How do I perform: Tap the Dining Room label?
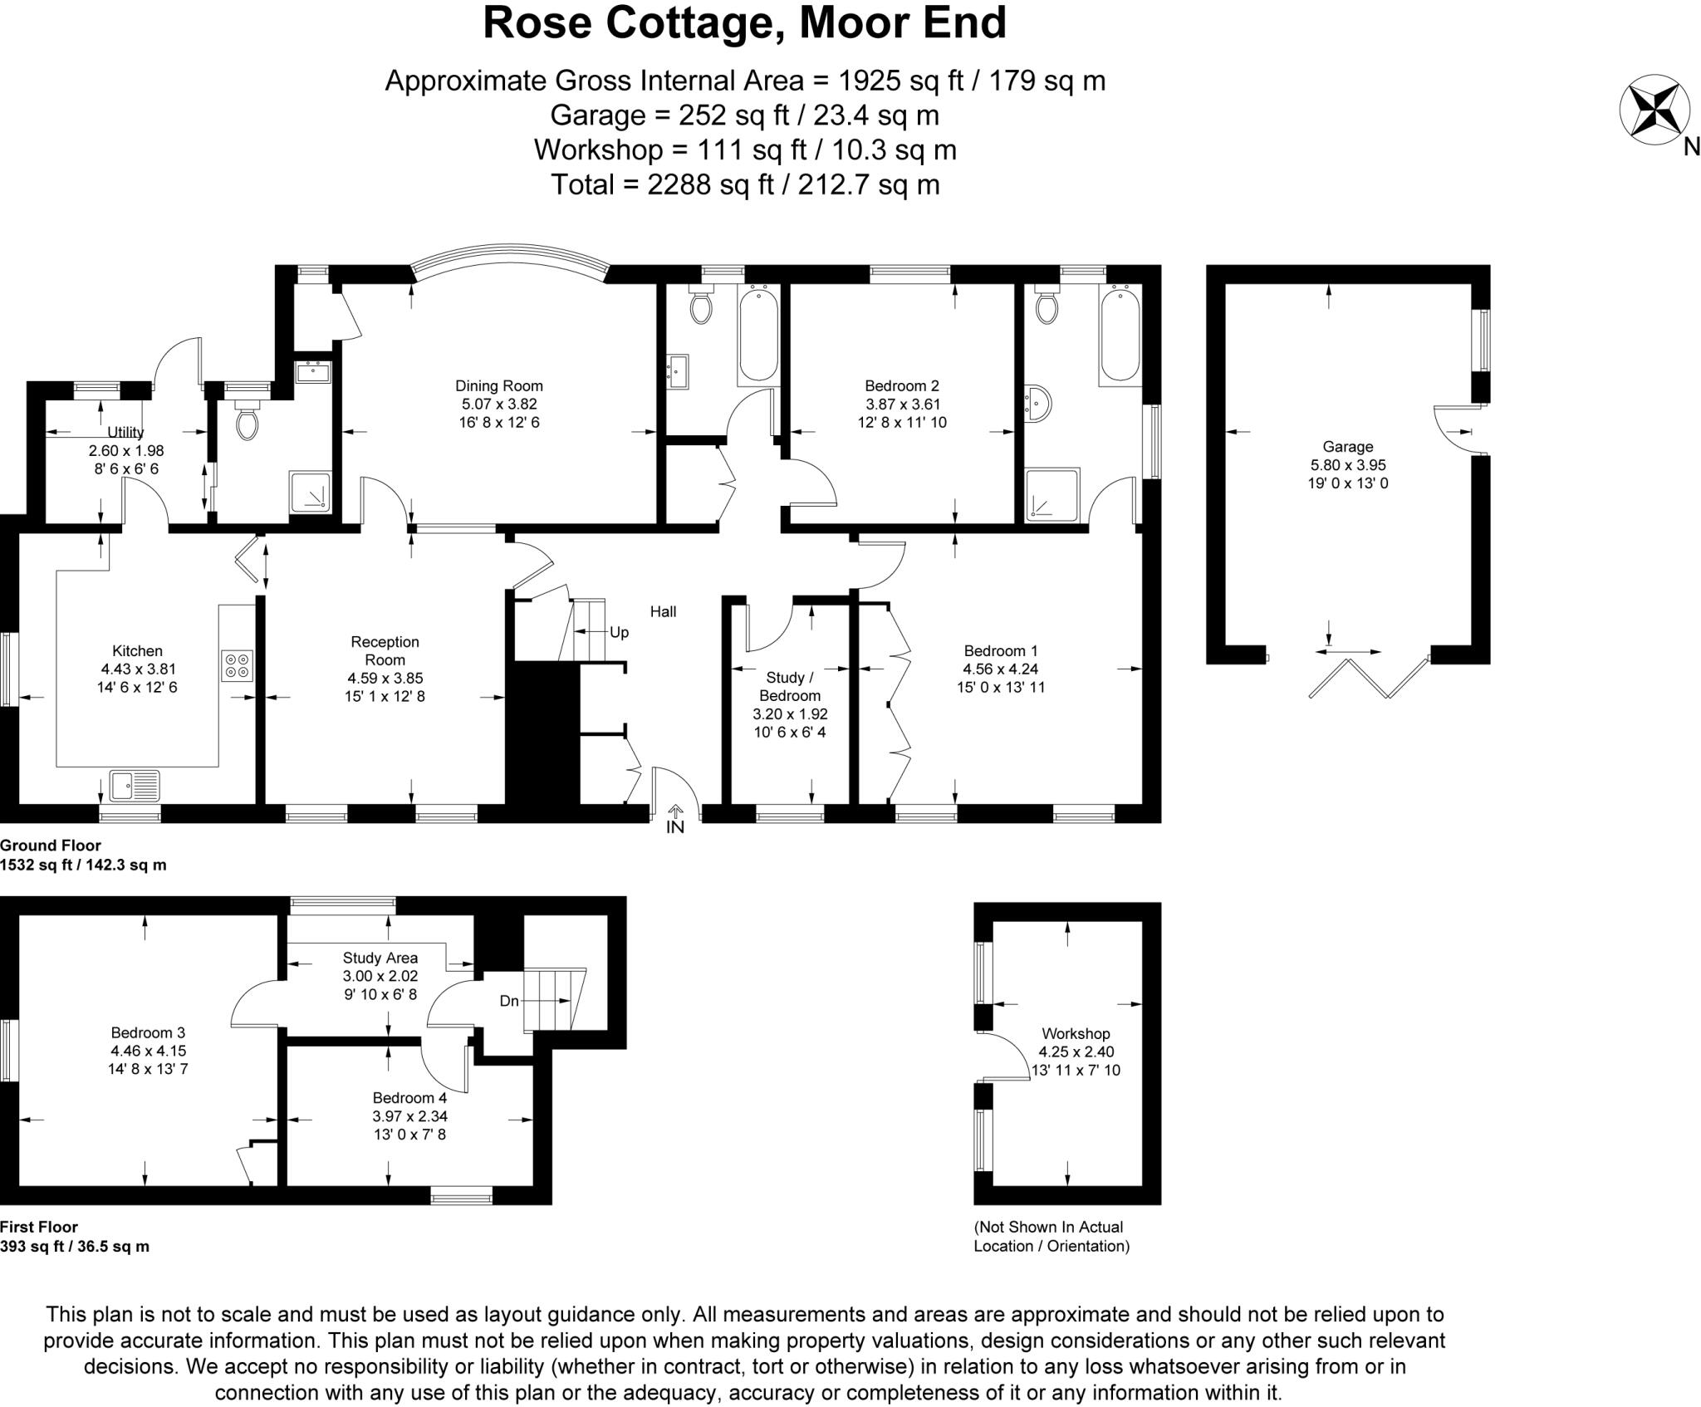pos(498,385)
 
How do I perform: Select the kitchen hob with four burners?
pos(237,666)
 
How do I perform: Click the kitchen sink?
pos(135,785)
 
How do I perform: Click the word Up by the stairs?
pos(619,632)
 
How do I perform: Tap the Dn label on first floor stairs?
pos(508,1001)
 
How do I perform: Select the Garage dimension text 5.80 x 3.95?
pos(1347,465)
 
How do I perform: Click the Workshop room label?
pos(1076,1033)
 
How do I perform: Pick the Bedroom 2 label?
pos(901,385)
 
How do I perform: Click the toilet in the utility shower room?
pos(247,422)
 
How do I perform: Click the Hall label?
pos(663,611)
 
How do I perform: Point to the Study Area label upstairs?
pos(380,958)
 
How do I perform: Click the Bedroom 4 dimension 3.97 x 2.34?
pos(409,1116)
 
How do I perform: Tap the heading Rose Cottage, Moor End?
pos(744,23)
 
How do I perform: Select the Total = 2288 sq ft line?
pos(744,184)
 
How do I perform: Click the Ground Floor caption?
pos(51,846)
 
